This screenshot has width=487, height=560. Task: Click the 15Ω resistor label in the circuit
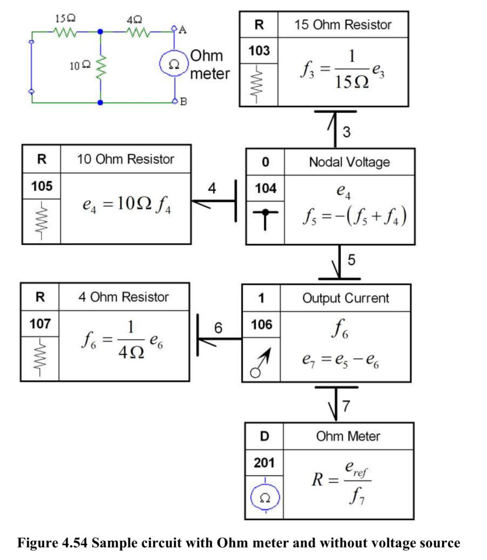coord(65,18)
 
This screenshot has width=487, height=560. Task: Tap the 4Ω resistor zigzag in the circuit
coord(138,32)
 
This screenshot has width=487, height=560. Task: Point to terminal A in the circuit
coord(174,28)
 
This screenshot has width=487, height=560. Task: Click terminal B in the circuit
coord(175,101)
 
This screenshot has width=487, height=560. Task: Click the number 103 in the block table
coord(259,51)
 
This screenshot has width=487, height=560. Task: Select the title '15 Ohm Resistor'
coord(343,25)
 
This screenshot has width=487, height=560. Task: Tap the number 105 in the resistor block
coord(42,186)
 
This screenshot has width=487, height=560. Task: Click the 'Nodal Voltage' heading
coord(349,162)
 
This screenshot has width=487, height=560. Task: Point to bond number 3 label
coord(346,132)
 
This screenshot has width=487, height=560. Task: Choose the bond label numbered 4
coord(212,188)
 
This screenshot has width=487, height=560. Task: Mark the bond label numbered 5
coord(351,260)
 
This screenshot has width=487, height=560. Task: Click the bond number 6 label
coord(218,328)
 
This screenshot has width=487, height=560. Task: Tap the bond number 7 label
coord(346,406)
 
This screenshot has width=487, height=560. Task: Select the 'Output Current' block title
coord(345,298)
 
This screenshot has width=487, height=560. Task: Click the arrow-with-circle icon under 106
coord(260,363)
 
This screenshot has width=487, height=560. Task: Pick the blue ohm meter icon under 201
coord(265,497)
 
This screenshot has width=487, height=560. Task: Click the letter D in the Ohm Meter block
coord(264,436)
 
